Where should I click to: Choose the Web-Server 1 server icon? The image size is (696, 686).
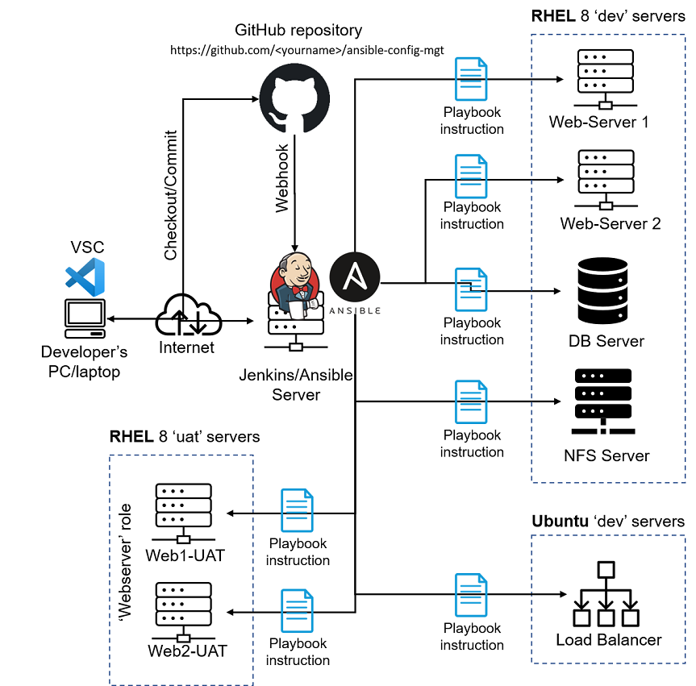[x=604, y=79]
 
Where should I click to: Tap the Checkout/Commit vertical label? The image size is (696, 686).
[x=171, y=195]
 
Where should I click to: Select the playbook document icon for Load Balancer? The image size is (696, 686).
[x=471, y=595]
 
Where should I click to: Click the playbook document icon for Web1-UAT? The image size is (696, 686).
[x=297, y=510]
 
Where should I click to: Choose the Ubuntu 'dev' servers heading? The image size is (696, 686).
[x=607, y=521]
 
